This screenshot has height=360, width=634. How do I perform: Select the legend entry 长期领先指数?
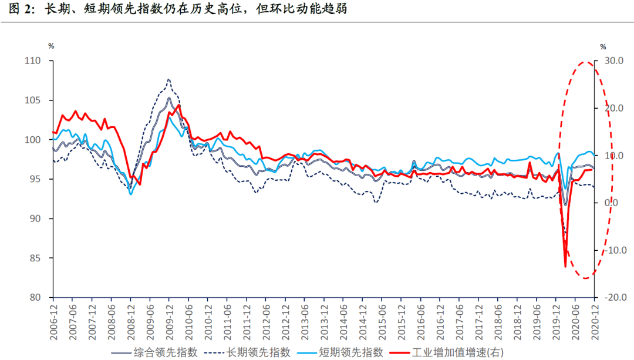tap(258, 352)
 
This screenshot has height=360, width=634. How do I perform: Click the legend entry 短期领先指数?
tap(351, 352)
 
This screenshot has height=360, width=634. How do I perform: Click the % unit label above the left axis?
tap(52, 46)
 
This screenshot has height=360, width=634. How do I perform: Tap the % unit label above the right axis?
tap(603, 46)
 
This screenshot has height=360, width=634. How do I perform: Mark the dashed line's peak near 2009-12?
tap(169, 79)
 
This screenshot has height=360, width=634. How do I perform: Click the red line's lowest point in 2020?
tap(565, 267)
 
